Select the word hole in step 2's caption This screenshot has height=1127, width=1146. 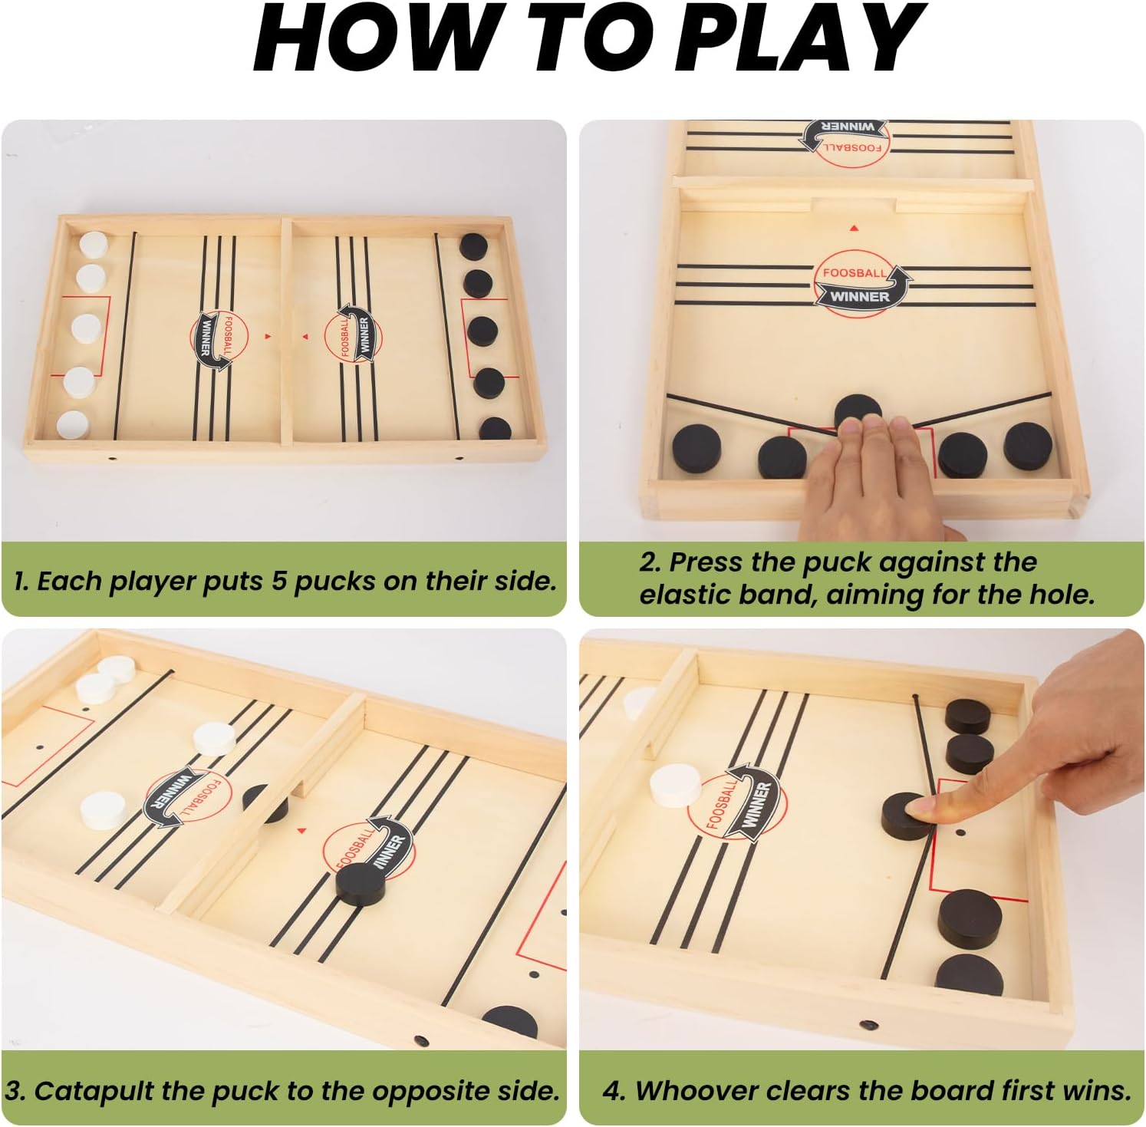click(1064, 595)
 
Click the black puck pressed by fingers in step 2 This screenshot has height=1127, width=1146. click(858, 414)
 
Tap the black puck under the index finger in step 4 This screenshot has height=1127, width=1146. click(906, 816)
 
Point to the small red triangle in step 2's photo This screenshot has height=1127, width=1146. click(855, 228)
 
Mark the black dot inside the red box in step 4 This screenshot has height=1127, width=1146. click(962, 832)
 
